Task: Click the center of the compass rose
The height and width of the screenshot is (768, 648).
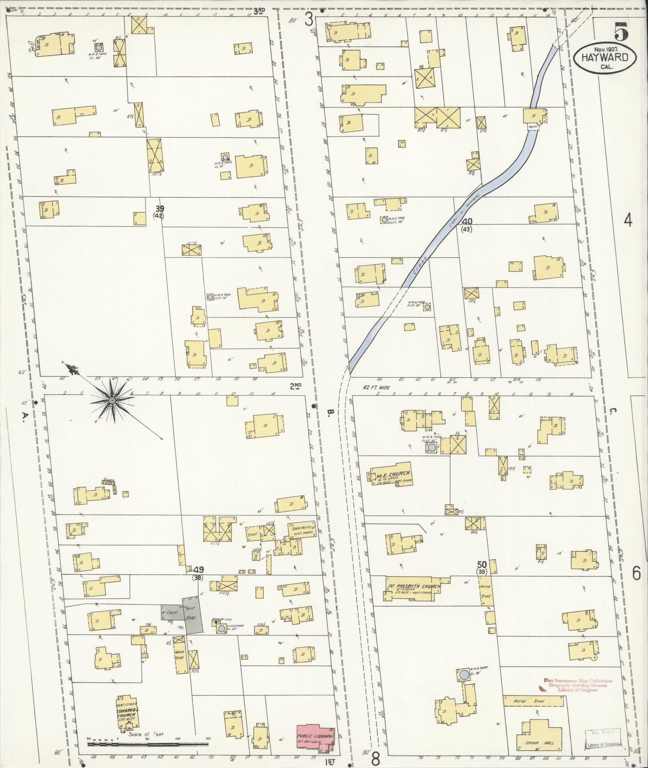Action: point(112,399)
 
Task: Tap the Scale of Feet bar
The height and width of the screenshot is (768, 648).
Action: point(148,744)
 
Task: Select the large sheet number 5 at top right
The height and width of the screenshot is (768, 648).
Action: point(621,32)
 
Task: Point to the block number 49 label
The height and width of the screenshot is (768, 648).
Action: point(198,570)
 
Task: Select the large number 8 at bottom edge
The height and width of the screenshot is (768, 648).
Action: point(375,759)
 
